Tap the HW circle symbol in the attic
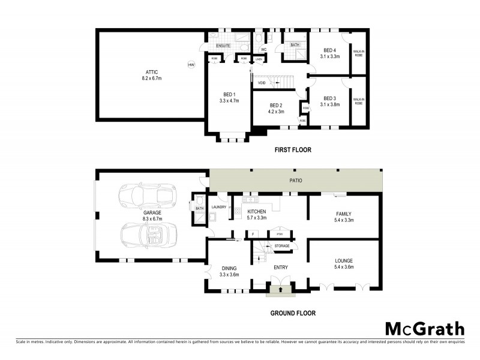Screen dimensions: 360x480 pyautogui.click(x=191, y=65)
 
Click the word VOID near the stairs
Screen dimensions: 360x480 pyautogui.click(x=262, y=83)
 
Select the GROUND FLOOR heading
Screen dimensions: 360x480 pyautogui.click(x=293, y=313)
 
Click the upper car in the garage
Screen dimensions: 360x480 pyautogui.click(x=146, y=196)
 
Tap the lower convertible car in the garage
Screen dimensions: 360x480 pyautogui.click(x=150, y=236)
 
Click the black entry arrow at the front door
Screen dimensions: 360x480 pyautogui.click(x=280, y=290)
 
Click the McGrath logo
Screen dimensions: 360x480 pyautogui.click(x=424, y=329)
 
